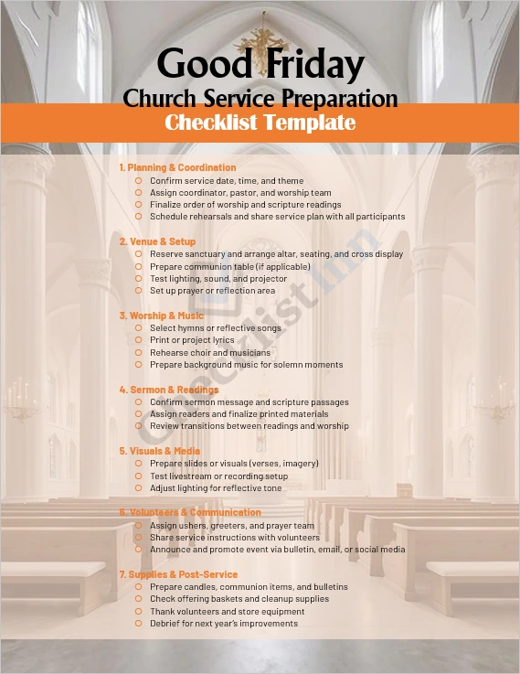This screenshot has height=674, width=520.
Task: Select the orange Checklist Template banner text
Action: tap(260, 123)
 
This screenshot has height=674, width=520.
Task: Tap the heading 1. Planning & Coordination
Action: tap(177, 168)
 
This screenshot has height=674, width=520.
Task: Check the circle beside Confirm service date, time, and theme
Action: tap(139, 181)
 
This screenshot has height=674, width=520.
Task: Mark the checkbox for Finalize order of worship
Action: tap(139, 205)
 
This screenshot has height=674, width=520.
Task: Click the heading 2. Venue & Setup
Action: tap(156, 241)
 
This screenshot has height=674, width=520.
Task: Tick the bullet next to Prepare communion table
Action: tap(139, 266)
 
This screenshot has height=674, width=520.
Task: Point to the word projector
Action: tap(270, 278)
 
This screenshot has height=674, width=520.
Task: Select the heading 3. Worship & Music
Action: tap(161, 316)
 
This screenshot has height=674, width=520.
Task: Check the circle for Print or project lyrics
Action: tap(139, 340)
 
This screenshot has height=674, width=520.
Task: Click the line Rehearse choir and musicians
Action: tap(210, 352)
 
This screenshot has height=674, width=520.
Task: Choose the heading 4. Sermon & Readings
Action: tap(169, 390)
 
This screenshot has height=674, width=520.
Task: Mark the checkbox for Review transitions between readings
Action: tap(139, 426)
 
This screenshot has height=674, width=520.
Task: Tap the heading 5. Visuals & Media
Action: tap(160, 451)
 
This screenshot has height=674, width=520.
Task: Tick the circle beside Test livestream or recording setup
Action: tap(139, 476)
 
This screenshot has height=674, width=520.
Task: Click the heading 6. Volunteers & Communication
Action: tap(189, 512)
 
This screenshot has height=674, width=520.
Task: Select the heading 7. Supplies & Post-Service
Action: tap(177, 574)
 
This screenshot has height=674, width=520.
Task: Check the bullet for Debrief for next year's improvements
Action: tap(139, 624)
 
